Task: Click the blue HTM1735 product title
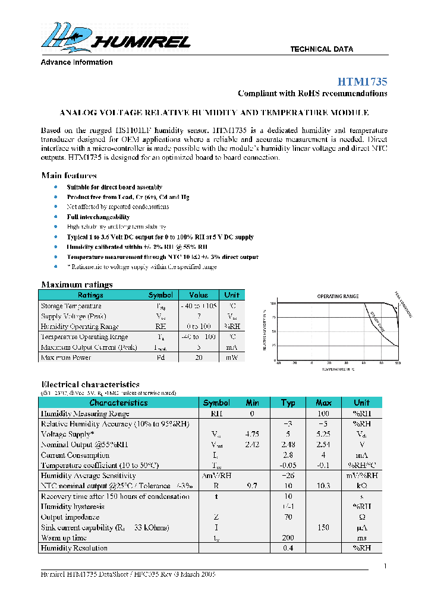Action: coord(362,81)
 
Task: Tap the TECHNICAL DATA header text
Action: coord(321,49)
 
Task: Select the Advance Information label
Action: coord(76,62)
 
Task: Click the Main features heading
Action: coord(69,175)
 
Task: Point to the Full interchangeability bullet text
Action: coord(98,217)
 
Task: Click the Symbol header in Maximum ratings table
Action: coord(160,295)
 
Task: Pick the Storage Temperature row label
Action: coord(71,306)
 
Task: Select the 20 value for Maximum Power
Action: coord(199,358)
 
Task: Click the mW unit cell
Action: coord(232,358)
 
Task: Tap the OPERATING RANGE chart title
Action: coord(337,296)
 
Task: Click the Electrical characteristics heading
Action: coord(90,385)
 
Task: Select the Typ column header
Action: coord(288,403)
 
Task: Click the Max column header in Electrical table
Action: coord(323,403)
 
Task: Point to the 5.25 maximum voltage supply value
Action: coord(323,434)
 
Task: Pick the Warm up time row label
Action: coord(64,537)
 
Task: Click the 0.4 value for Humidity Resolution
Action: coord(288,548)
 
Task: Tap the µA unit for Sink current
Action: coord(361,527)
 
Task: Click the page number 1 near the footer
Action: coord(385,566)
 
